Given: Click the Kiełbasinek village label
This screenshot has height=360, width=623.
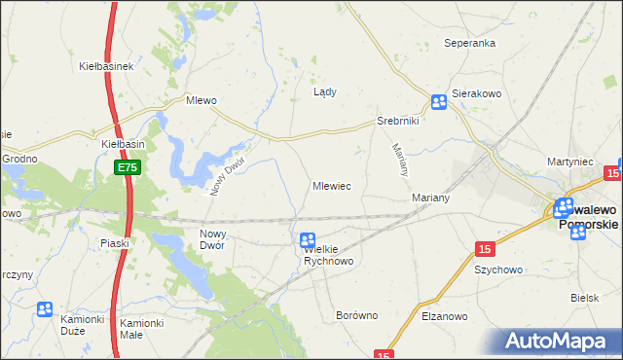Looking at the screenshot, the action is (105, 66).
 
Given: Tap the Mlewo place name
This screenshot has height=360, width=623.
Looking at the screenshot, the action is (201, 99).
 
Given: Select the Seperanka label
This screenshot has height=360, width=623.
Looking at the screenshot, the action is (470, 44).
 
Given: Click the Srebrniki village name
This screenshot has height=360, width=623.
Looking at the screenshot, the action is (397, 122).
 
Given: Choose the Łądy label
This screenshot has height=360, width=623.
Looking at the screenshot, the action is (324, 92).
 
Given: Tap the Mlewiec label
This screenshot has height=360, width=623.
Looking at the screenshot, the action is (332, 185).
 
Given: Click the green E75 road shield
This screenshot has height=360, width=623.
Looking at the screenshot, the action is (128, 168).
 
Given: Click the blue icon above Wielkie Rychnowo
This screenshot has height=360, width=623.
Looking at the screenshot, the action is (308, 239).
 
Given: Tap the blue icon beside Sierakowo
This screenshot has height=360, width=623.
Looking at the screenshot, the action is (439, 101).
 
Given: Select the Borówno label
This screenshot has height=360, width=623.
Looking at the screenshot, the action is (355, 315).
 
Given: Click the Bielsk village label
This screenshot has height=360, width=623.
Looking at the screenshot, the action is (585, 298).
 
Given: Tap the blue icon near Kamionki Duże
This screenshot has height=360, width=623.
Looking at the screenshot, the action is (44, 309).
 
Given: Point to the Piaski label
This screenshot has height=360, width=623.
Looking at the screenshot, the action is (115, 243).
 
